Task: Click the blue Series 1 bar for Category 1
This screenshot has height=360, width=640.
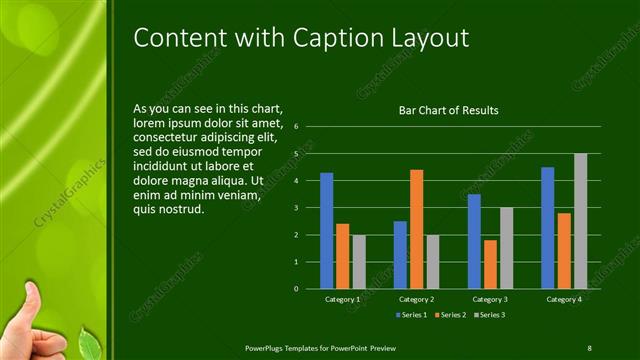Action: click(326, 230)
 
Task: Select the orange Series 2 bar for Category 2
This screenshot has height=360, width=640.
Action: click(416, 229)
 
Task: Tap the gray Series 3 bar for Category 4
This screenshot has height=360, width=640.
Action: click(580, 221)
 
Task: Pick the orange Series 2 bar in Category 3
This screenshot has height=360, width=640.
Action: click(490, 264)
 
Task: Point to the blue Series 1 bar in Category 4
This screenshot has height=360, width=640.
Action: click(547, 227)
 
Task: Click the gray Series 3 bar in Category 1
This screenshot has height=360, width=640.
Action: click(359, 262)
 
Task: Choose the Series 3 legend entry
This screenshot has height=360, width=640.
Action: click(489, 315)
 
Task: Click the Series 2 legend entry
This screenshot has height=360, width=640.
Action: click(452, 315)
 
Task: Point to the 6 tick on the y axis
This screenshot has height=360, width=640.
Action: click(296, 127)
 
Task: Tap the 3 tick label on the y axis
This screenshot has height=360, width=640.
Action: click(296, 208)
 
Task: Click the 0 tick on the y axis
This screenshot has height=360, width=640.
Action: click(296, 288)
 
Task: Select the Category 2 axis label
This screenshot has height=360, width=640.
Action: click(416, 299)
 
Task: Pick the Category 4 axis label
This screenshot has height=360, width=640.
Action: click(563, 299)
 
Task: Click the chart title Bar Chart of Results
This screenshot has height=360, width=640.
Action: click(448, 110)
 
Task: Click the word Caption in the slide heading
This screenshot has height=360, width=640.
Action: click(341, 38)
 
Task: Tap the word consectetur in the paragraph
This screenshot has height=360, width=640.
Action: click(170, 137)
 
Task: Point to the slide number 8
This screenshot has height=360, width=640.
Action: click(589, 347)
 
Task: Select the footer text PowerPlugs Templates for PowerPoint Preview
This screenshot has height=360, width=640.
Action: click(321, 347)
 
